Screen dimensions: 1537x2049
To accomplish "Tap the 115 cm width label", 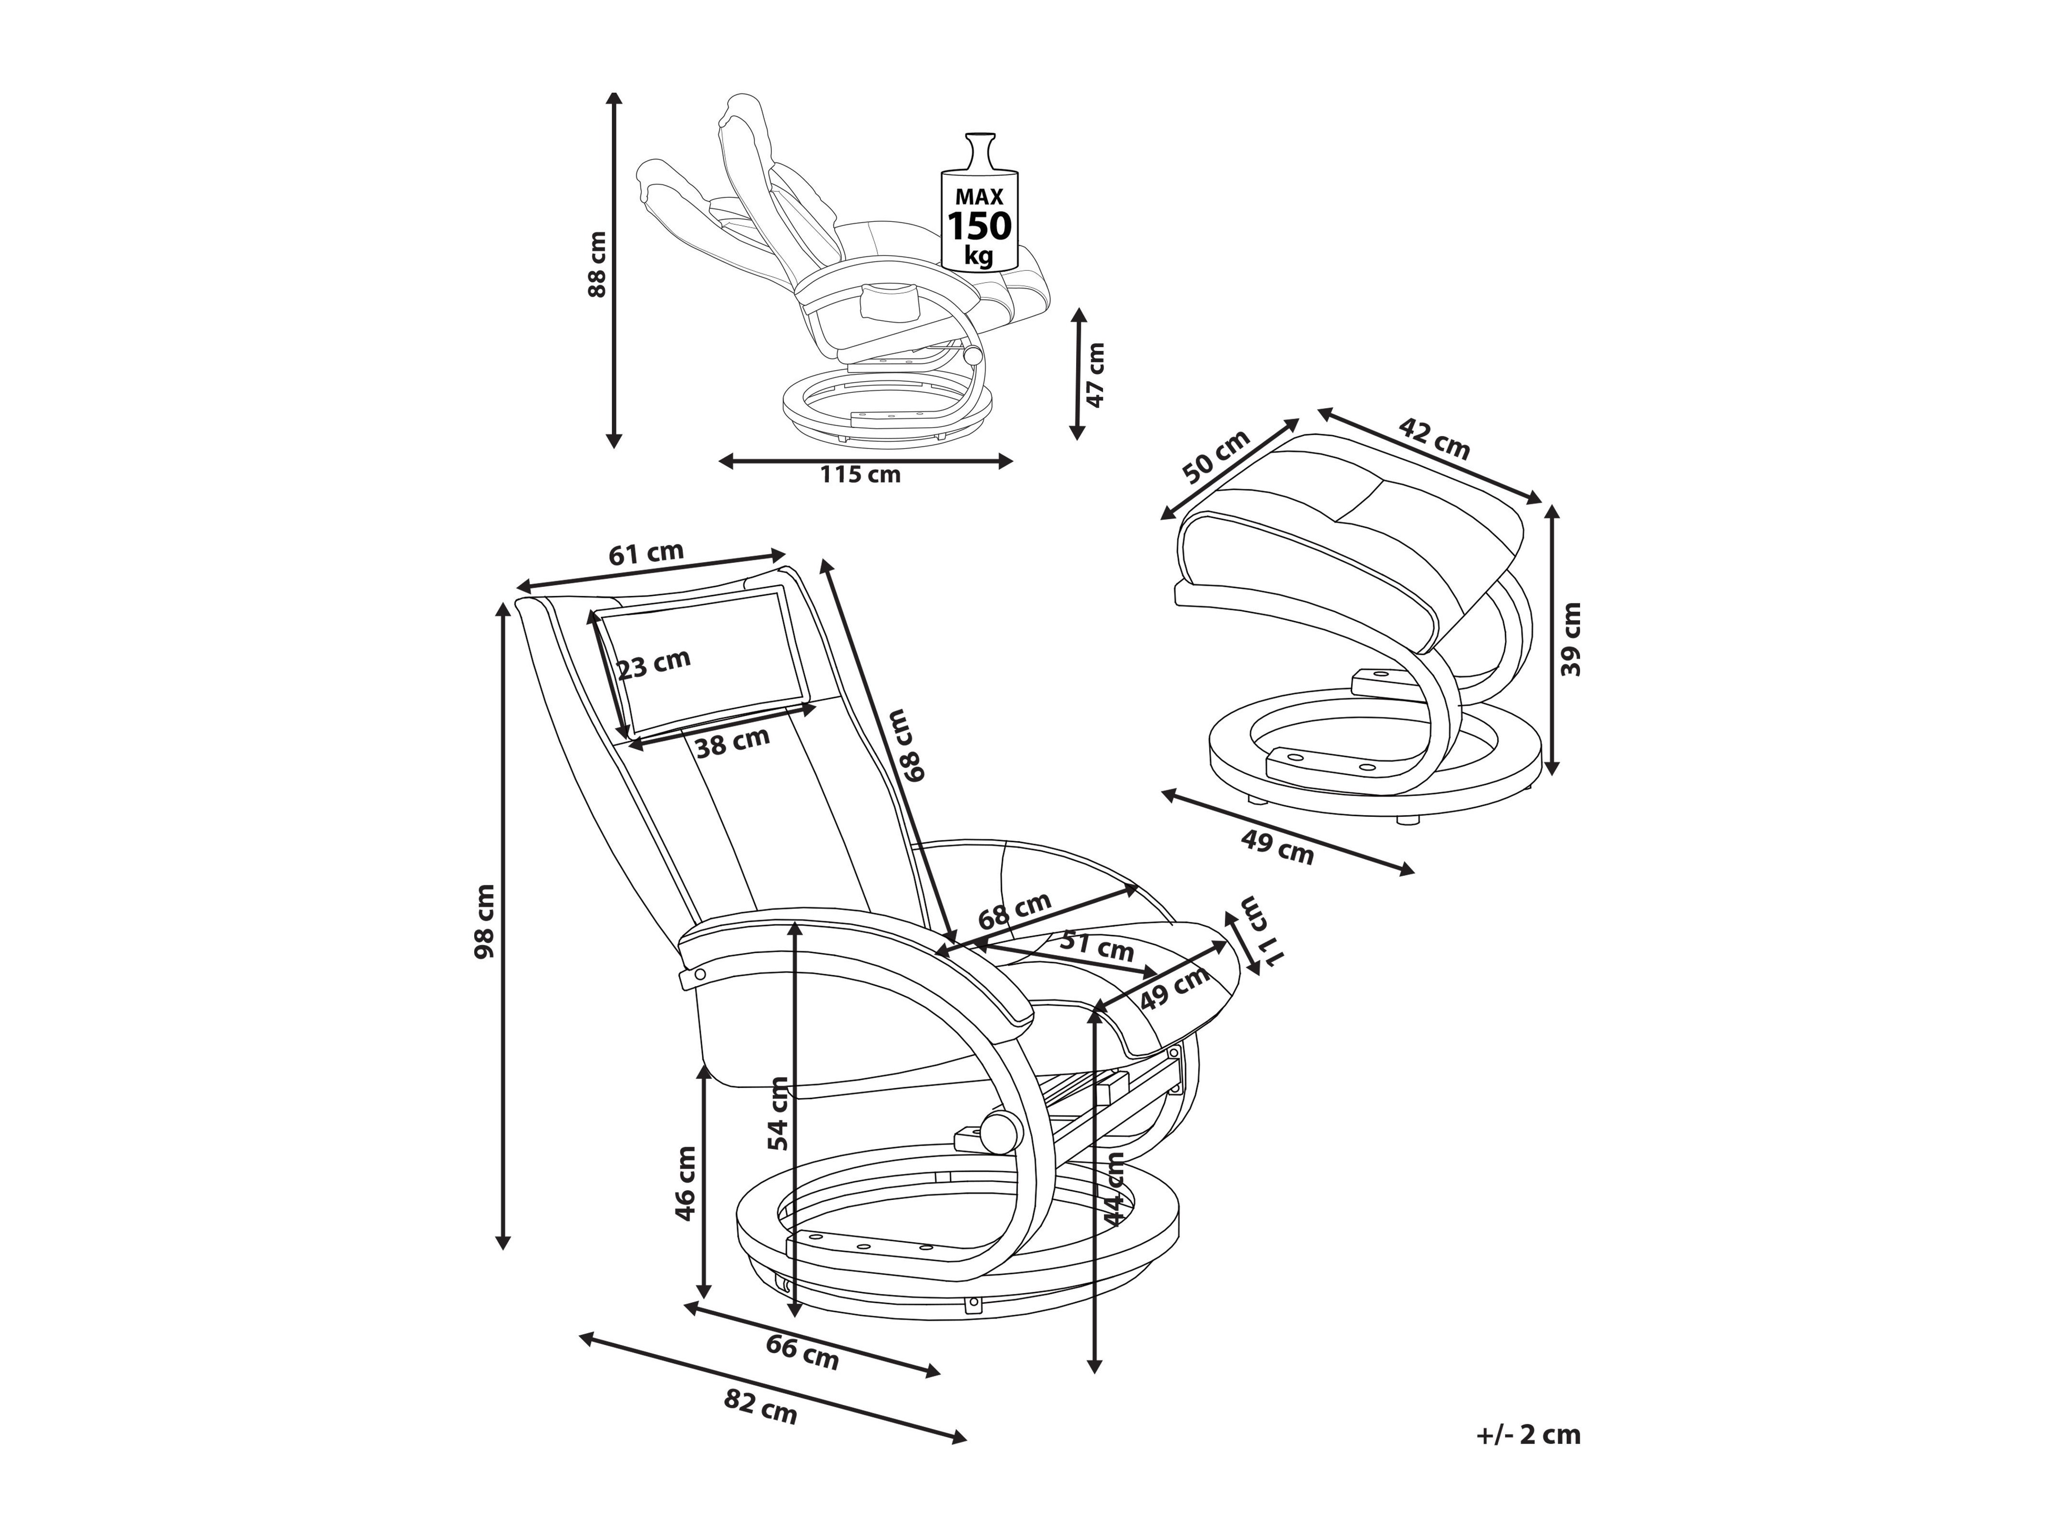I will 860,474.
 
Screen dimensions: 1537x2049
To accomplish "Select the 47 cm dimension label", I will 1096,375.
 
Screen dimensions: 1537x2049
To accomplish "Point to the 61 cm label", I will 646,553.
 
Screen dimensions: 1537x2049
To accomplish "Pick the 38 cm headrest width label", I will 733,742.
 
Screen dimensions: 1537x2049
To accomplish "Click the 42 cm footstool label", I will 1434,438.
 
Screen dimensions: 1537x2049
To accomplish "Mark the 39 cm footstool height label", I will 1571,639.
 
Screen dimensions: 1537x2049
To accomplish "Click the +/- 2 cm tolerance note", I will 1528,1435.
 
